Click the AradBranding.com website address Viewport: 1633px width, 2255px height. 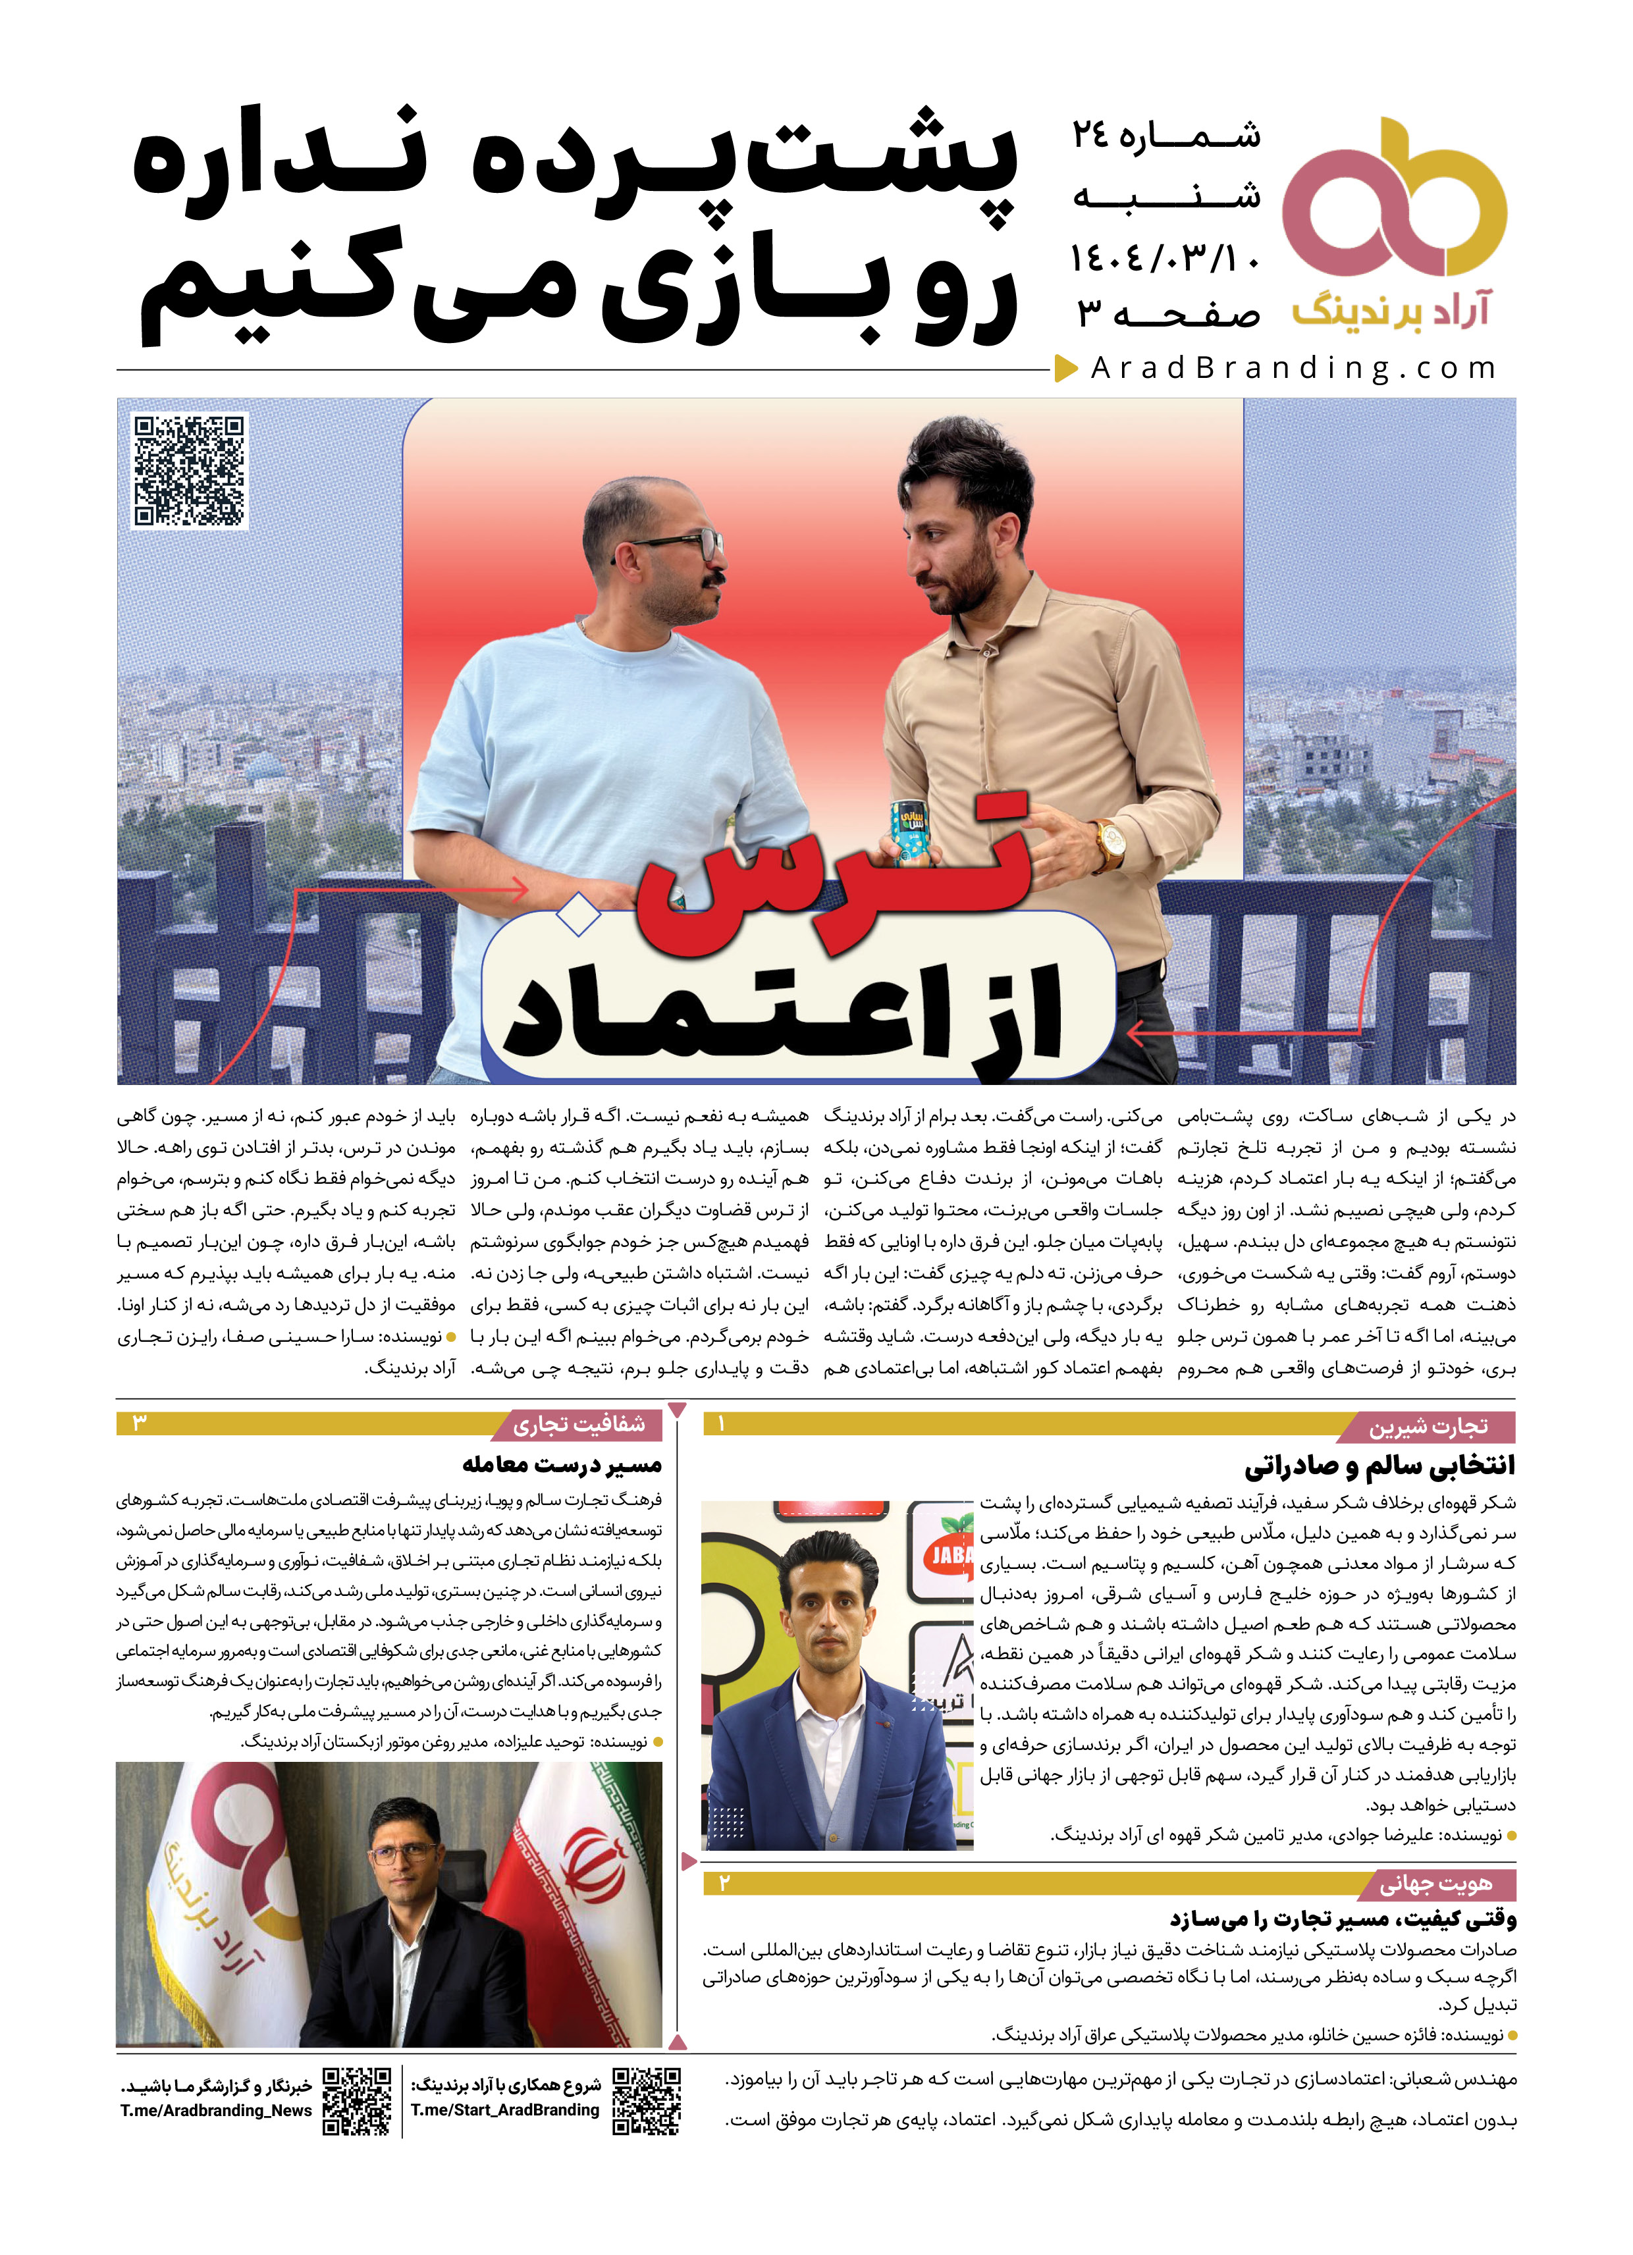click(x=1293, y=369)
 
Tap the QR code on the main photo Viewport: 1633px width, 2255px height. click(x=189, y=469)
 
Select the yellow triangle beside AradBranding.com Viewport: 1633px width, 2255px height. click(x=1066, y=369)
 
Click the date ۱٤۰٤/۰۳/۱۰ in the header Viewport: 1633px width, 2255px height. click(x=1165, y=259)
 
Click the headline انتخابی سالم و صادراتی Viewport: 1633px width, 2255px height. click(x=1379, y=1466)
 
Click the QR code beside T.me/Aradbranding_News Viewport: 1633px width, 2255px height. click(x=356, y=2101)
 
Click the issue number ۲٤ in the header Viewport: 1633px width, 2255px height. click(x=1091, y=135)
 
